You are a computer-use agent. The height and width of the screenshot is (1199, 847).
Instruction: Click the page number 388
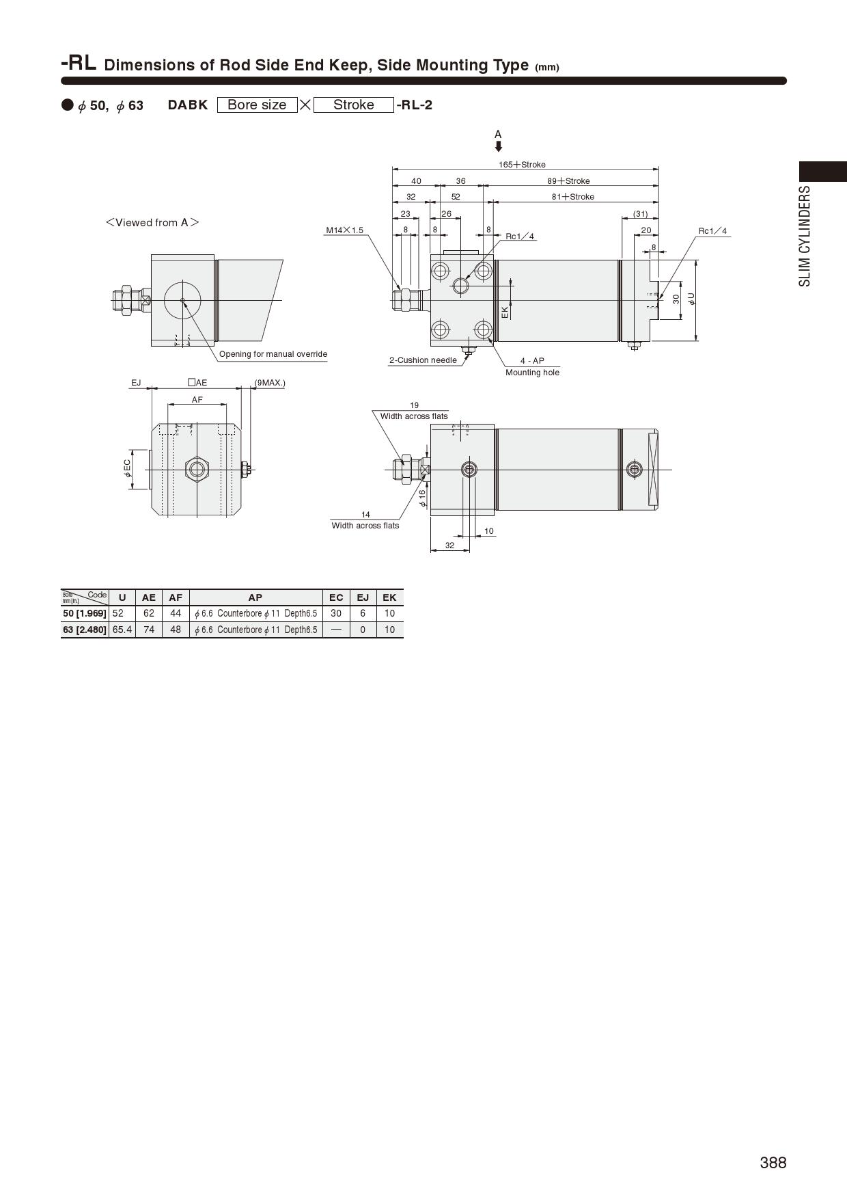tap(773, 1163)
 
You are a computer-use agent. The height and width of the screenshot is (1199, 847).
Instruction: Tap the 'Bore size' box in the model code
tap(257, 105)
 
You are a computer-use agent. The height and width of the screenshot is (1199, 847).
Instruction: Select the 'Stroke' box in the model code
tap(354, 105)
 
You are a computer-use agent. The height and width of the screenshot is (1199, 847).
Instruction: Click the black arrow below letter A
tap(499, 146)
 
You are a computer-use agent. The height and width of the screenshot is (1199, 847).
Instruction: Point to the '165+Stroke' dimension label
tap(522, 165)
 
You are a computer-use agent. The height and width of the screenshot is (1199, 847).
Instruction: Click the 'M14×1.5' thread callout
tap(345, 230)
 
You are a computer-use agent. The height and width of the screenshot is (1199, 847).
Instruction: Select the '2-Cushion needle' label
tap(423, 360)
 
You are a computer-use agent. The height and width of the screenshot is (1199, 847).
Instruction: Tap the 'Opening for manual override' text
tap(273, 354)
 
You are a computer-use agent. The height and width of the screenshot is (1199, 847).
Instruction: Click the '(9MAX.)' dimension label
tap(270, 383)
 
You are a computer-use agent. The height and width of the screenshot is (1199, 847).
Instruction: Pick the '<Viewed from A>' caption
tap(152, 223)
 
